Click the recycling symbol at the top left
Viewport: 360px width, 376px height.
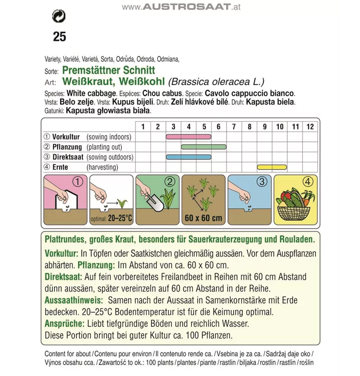[59, 16]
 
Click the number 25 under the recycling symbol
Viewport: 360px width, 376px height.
[59, 37]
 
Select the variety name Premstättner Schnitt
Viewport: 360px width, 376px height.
[108, 71]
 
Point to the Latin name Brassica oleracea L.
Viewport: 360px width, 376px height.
[217, 82]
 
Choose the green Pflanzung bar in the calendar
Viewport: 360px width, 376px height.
[203, 147]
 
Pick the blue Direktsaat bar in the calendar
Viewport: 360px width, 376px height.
[188, 157]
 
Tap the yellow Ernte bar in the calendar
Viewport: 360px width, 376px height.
[271, 167]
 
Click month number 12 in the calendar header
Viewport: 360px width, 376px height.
[310, 126]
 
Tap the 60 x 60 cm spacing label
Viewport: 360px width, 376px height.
[203, 219]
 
